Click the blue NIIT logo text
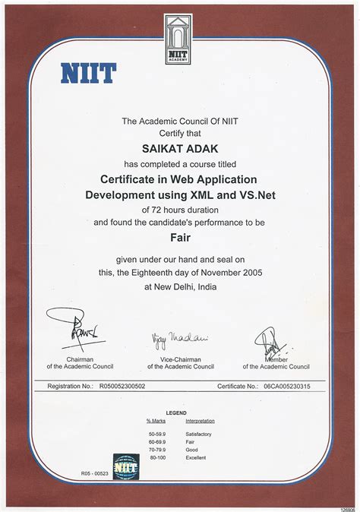click(x=88, y=73)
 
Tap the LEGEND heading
click(x=176, y=412)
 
